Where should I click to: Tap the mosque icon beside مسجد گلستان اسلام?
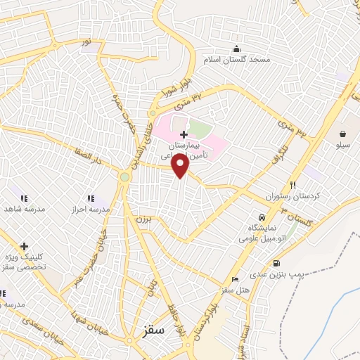(236, 49)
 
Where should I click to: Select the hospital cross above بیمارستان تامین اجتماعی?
(184, 134)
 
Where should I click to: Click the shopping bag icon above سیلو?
(342, 134)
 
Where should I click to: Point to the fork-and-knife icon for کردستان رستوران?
(292, 184)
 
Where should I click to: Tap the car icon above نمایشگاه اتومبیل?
(262, 218)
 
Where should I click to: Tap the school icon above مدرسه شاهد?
(23, 199)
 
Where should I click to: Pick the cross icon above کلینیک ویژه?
(25, 247)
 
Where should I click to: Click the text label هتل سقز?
(235, 290)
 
